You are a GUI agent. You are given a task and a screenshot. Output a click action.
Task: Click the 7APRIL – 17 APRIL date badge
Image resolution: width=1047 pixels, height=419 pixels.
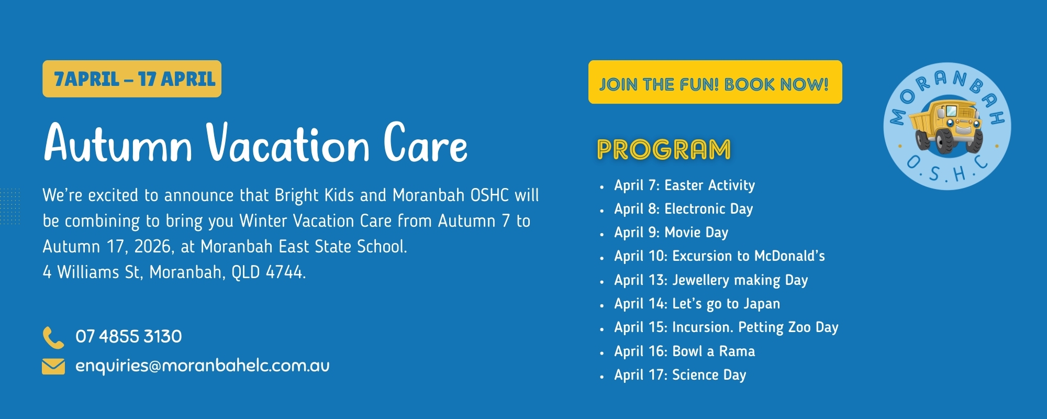coord(132,79)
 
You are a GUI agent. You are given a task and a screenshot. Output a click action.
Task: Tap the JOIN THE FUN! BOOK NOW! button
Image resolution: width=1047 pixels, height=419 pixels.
coord(715,83)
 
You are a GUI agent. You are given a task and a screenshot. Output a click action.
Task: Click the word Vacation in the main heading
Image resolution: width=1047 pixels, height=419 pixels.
coord(288,144)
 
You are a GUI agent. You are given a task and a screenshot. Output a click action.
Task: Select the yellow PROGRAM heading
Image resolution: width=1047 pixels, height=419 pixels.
coord(664,150)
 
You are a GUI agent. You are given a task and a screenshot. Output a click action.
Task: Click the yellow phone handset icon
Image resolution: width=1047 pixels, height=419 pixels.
coord(53,337)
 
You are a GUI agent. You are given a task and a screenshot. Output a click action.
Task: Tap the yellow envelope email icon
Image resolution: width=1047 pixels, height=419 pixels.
coord(53,366)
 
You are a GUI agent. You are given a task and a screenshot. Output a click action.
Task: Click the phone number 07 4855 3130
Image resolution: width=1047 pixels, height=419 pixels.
coord(129,336)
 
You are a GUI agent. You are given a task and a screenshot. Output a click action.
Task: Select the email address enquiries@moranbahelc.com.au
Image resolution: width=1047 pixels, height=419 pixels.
coord(203,366)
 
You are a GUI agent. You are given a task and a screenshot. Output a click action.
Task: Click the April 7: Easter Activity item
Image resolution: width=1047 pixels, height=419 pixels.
coord(684,185)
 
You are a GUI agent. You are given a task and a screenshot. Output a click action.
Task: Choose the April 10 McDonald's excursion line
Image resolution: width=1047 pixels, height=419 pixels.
coord(719,256)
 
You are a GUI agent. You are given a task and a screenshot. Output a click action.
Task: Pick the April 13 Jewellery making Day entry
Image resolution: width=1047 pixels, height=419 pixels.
coord(711,280)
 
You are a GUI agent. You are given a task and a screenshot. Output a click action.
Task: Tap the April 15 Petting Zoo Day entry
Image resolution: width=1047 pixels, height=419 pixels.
coord(726,327)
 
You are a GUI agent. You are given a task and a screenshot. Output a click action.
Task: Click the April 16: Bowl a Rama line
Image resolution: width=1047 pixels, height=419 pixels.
coord(684,351)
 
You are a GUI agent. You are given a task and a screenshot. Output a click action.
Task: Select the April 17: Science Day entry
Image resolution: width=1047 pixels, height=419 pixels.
coord(680,375)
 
